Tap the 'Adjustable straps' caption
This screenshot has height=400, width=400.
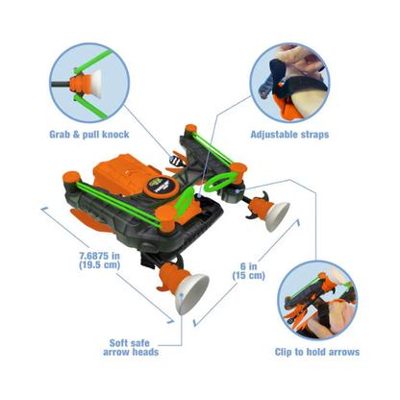290,134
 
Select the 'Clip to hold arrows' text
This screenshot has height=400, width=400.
317,352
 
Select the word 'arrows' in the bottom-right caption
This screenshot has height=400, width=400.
342,352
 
